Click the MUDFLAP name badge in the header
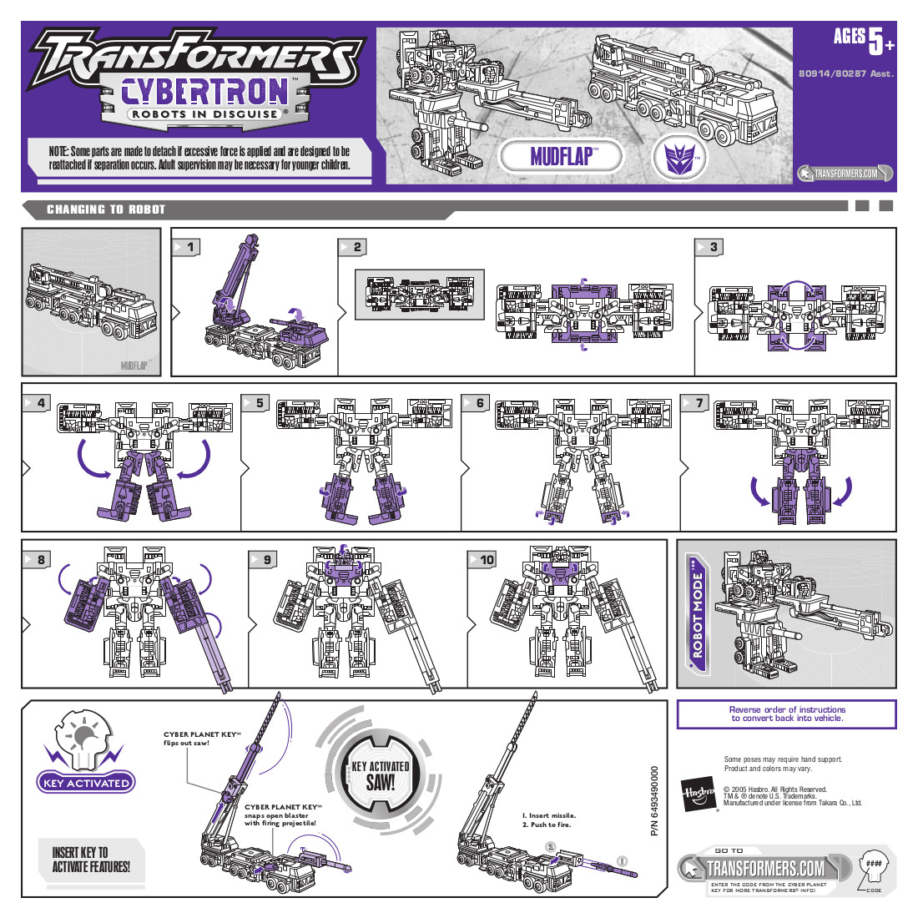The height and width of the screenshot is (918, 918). tap(561, 156)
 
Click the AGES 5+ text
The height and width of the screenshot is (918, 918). tap(862, 38)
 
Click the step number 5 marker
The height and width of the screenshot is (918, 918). tap(258, 403)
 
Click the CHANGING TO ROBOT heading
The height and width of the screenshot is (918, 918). tap(106, 209)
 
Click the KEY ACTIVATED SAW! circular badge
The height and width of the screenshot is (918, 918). tap(380, 776)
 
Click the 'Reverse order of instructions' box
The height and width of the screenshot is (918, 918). tap(786, 714)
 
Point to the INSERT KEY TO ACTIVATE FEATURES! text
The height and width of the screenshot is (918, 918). tap(91, 860)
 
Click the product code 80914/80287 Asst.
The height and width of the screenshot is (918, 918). tap(845, 73)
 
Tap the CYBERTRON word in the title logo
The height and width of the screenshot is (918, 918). tap(204, 90)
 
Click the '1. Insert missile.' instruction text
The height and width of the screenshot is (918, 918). tap(548, 815)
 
